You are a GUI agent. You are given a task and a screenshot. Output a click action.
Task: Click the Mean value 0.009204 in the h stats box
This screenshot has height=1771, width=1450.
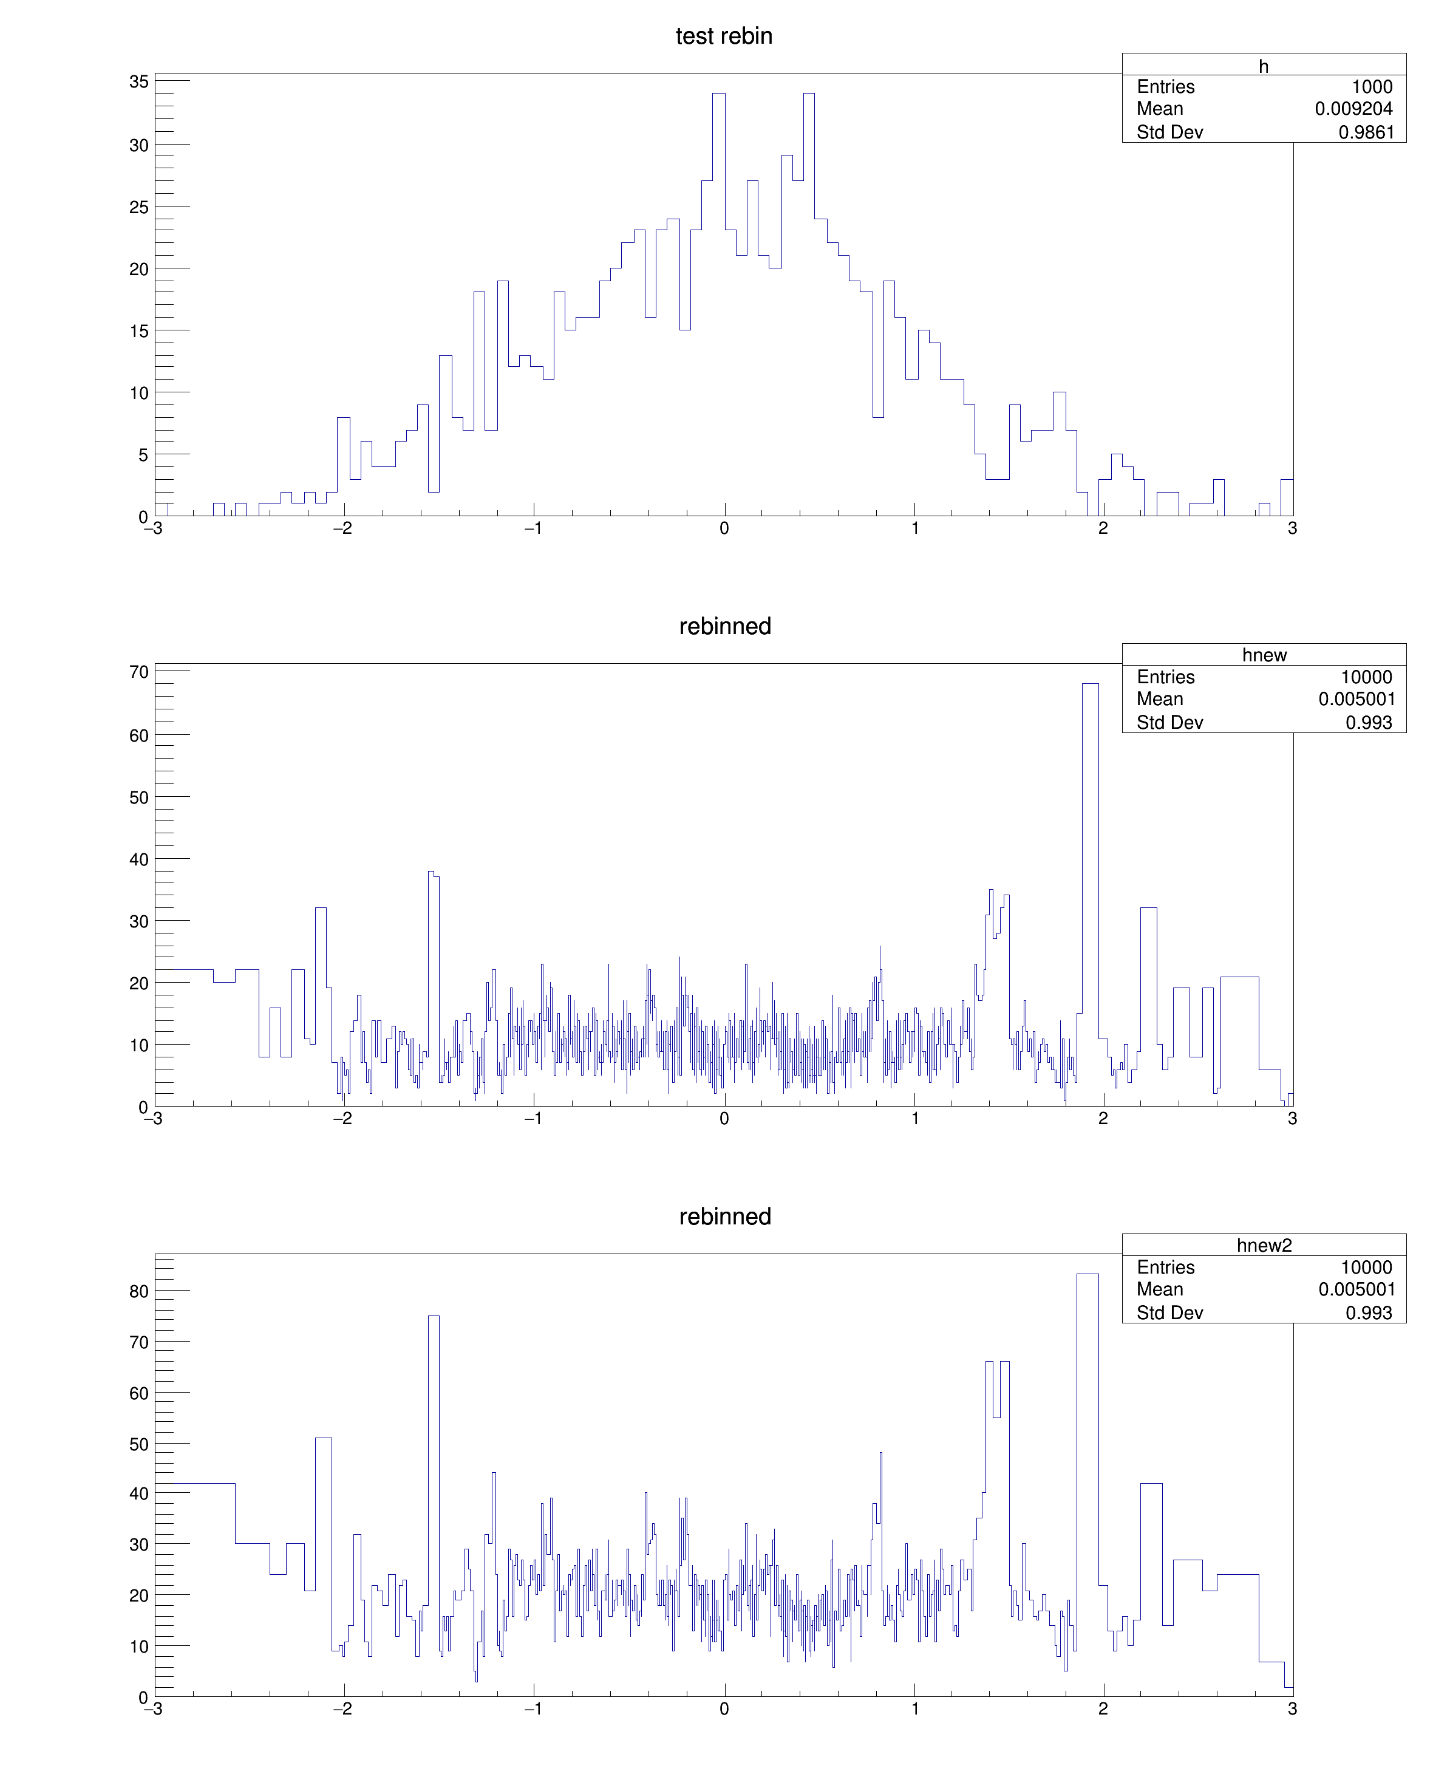1353,109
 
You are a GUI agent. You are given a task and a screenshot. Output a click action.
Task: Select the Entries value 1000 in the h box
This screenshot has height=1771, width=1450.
1372,87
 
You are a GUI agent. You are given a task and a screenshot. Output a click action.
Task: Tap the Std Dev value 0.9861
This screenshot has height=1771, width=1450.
1366,132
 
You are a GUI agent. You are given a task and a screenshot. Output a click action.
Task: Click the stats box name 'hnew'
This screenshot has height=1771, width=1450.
1264,655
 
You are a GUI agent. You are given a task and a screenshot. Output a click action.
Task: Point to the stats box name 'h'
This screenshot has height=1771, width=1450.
1263,66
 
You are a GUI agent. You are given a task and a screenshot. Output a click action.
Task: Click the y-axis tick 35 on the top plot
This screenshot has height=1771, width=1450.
138,82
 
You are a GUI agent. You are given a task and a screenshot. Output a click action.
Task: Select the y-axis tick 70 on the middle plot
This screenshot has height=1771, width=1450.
138,672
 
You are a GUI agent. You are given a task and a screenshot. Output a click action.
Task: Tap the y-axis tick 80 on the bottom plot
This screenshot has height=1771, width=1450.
138,1291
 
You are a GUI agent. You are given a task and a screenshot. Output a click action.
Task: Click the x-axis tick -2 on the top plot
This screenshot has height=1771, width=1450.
342,528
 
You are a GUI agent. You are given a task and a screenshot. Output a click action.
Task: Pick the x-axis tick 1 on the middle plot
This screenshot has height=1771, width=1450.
914,1119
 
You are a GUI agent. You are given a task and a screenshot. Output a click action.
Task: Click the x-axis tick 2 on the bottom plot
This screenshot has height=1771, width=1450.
1103,1709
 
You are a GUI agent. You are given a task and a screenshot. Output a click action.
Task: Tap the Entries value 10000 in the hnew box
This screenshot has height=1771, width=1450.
1366,678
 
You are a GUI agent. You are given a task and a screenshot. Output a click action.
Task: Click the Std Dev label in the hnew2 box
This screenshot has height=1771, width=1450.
1169,1313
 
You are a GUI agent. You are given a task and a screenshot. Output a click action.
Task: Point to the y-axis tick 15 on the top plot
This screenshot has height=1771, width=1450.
138,331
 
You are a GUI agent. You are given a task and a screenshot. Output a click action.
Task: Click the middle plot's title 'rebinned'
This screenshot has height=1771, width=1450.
724,627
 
